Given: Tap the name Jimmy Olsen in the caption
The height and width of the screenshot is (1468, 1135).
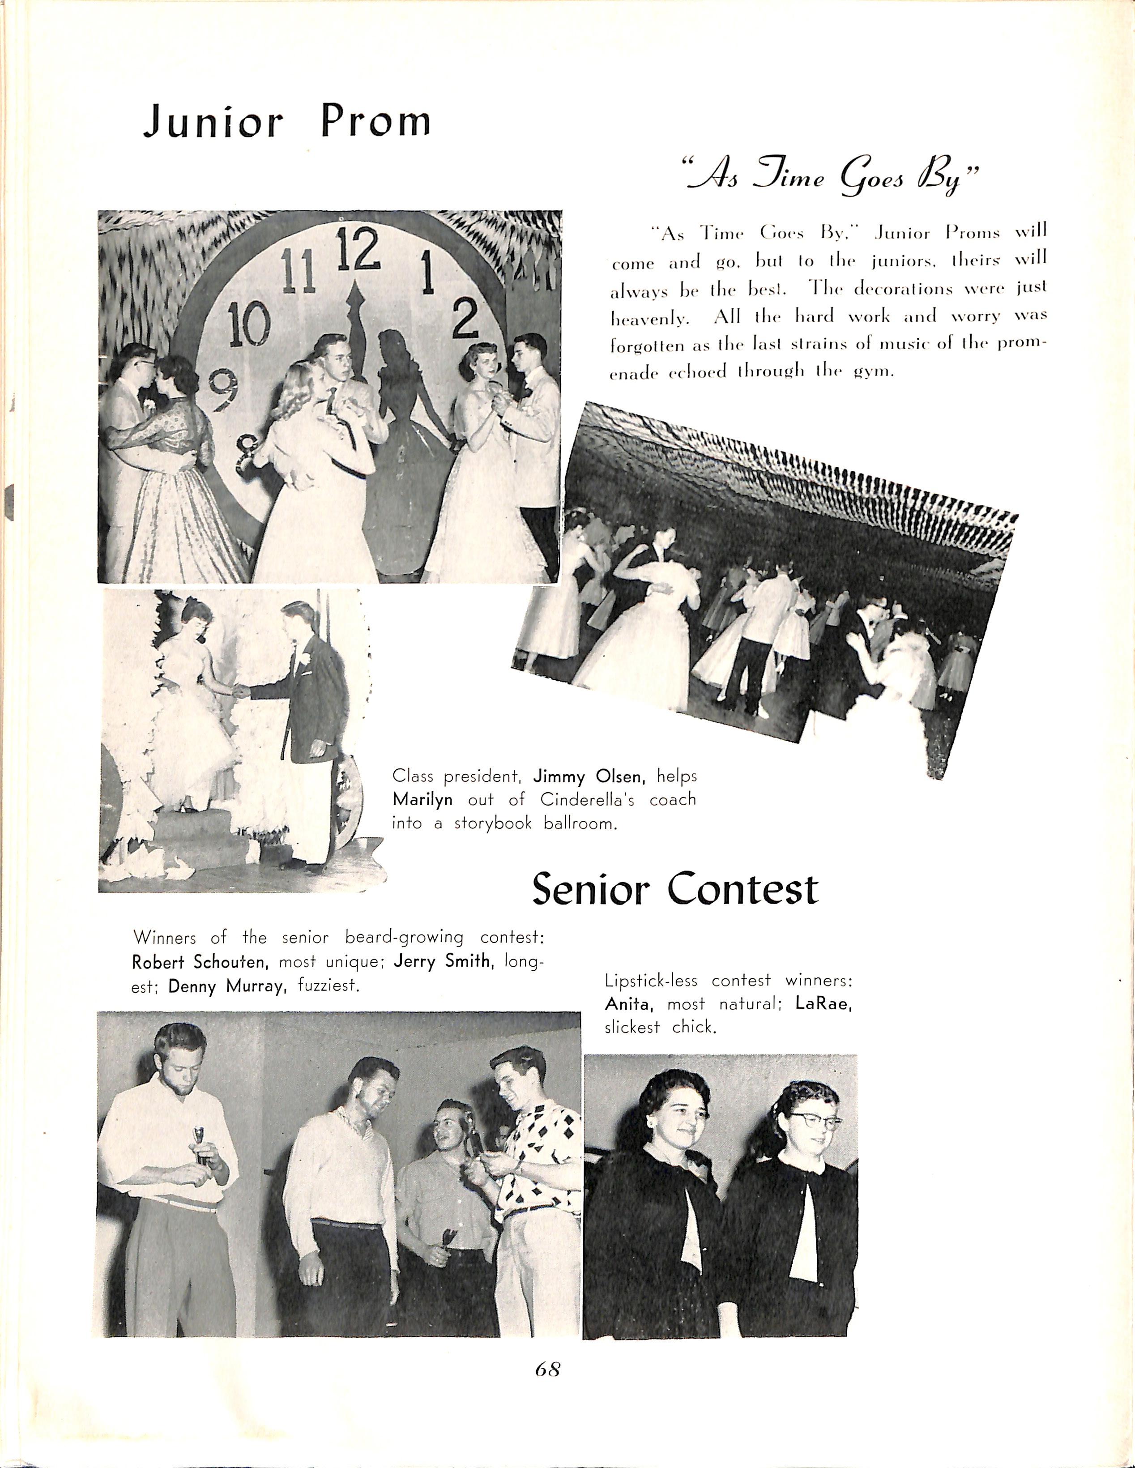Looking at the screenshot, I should [589, 777].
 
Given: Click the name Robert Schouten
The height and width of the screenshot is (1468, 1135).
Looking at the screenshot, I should [200, 962].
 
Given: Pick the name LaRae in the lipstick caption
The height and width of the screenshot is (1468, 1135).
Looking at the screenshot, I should [823, 1003].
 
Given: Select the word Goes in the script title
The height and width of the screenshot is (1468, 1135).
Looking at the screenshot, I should [871, 179].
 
